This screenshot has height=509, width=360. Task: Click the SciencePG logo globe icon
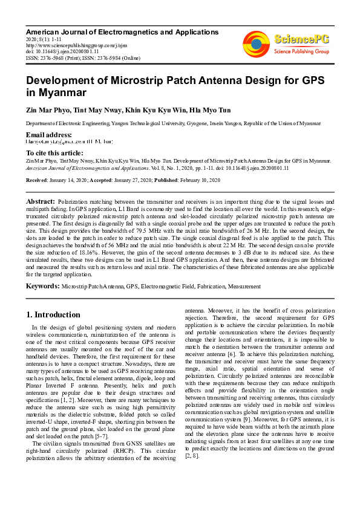pyautogui.click(x=257, y=44)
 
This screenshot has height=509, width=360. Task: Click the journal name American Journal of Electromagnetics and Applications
pyautogui.click(x=122, y=31)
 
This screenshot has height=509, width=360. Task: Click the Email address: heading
pyautogui.click(x=49, y=134)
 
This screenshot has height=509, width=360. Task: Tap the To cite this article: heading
pyautogui.click(x=55, y=153)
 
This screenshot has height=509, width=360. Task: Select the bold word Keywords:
pyautogui.click(x=43, y=285)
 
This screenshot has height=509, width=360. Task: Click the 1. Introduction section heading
pyautogui.click(x=53, y=314)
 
